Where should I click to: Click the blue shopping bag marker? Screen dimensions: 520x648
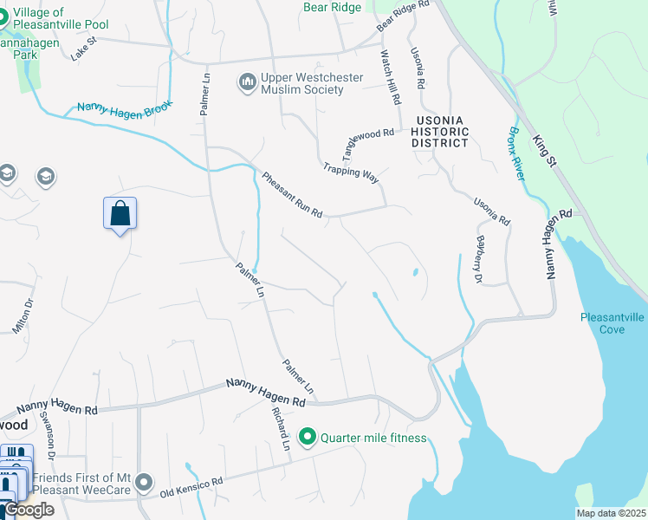click(120, 213)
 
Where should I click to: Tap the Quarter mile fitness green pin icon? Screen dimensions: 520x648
click(307, 438)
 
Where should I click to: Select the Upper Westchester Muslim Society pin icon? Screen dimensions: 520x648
click(249, 83)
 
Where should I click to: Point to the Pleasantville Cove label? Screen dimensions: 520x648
click(612, 323)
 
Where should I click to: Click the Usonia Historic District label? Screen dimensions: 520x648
click(440, 132)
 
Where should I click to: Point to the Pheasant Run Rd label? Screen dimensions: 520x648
click(292, 195)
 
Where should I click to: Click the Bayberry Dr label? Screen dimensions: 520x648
click(476, 259)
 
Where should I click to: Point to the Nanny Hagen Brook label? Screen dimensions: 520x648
click(125, 109)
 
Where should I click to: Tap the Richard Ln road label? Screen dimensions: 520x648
click(280, 427)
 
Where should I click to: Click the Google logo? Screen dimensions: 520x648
click(29, 510)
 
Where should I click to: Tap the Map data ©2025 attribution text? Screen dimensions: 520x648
click(610, 513)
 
